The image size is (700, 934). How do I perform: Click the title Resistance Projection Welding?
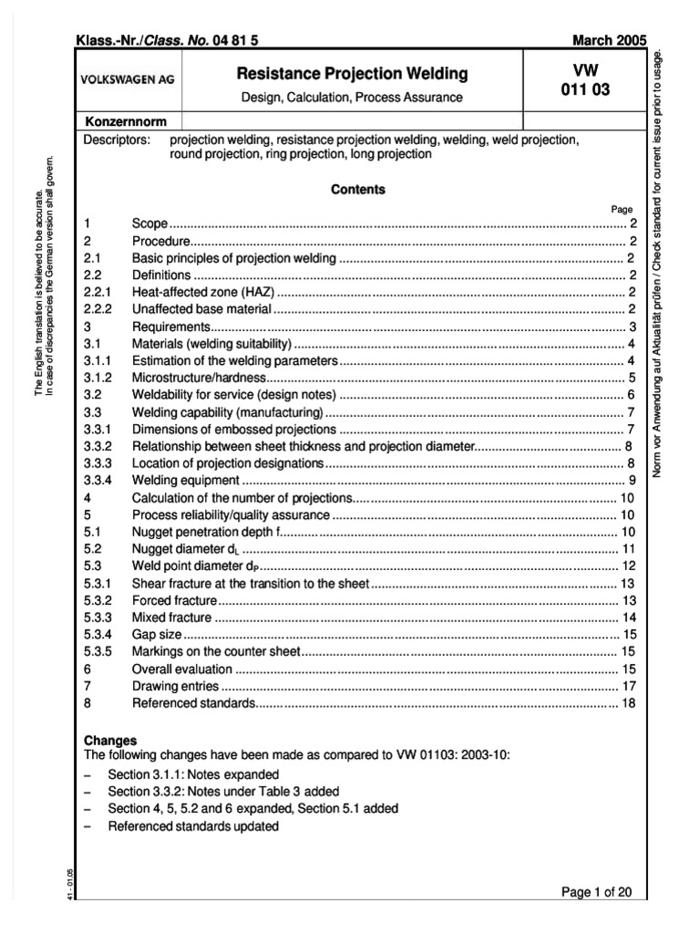[x=351, y=73]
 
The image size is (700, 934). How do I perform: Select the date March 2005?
[x=607, y=41]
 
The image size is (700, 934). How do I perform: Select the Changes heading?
[x=110, y=741]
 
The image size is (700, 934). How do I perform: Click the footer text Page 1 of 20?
[x=593, y=892]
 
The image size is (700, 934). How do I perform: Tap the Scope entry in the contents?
[x=150, y=223]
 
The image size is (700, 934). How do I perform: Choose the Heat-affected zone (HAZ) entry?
[x=203, y=292]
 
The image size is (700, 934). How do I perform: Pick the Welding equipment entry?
[x=186, y=481]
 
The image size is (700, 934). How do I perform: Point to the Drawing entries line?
[x=175, y=686]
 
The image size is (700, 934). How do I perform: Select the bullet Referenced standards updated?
[x=193, y=826]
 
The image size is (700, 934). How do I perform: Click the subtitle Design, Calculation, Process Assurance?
[x=351, y=97]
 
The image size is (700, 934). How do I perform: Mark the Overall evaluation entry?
[x=179, y=669]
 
